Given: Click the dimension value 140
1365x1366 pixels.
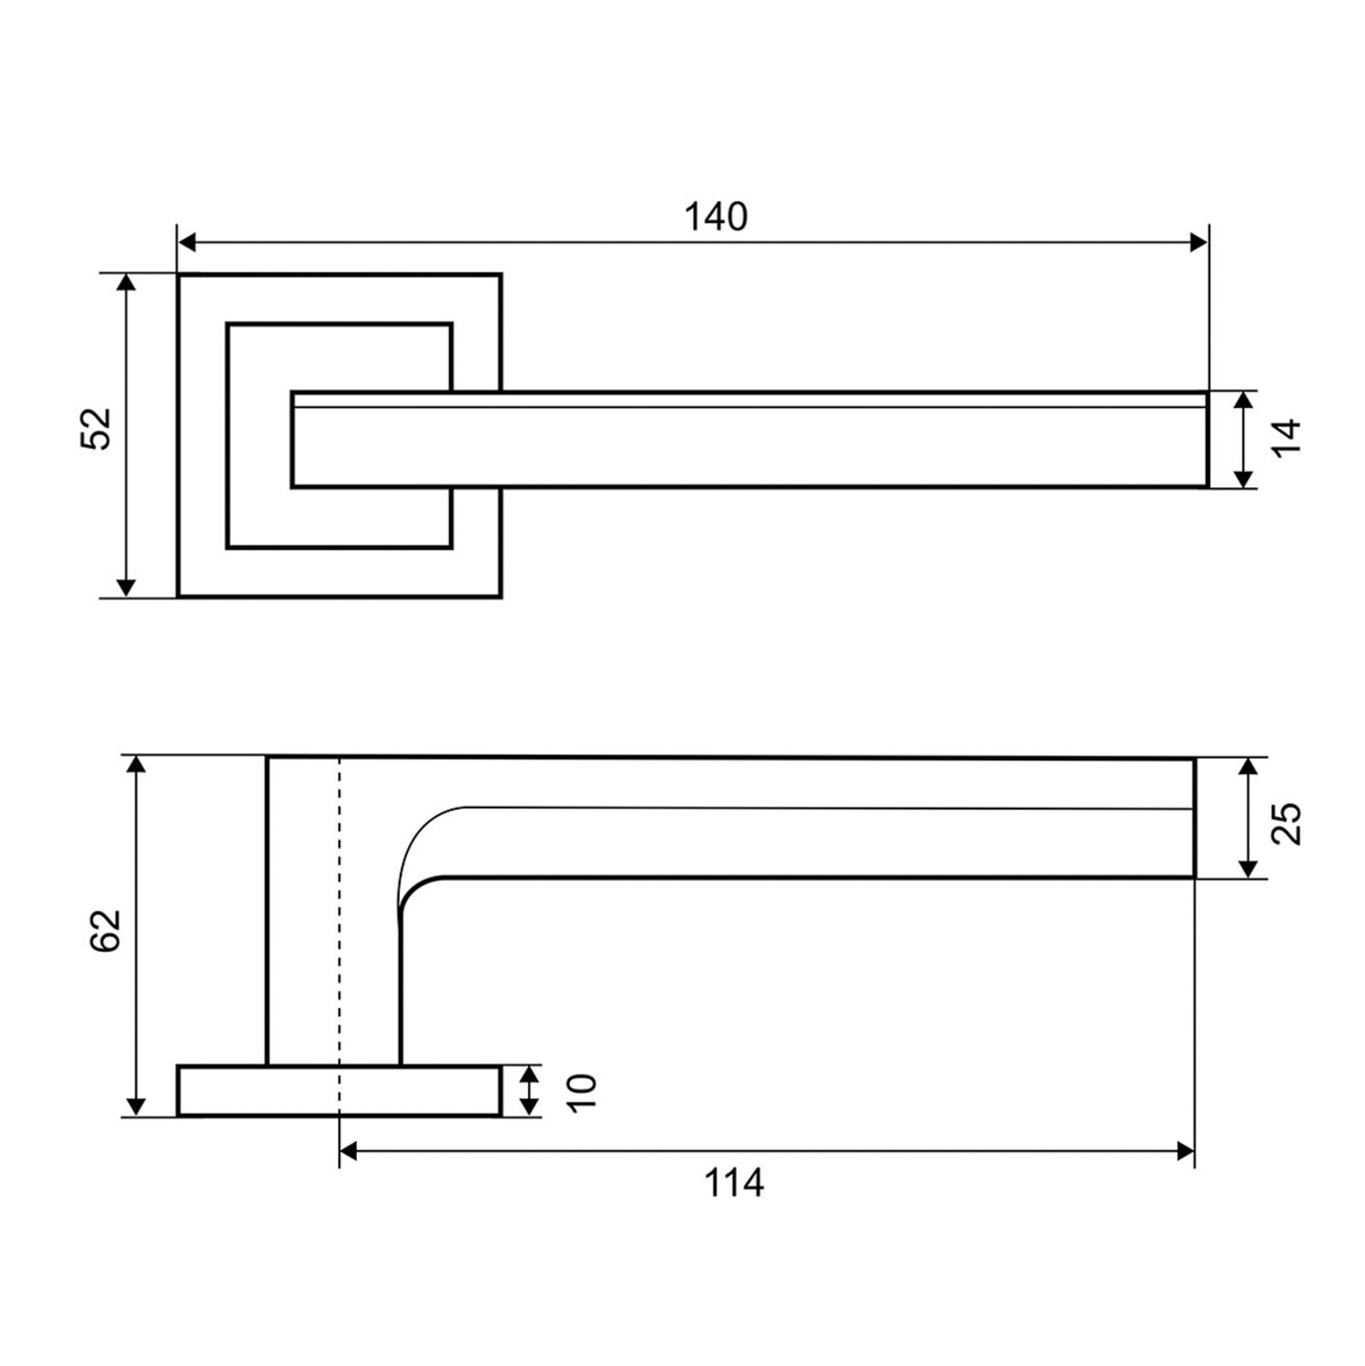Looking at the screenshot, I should pyautogui.click(x=716, y=217).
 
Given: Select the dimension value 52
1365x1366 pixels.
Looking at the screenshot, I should pyautogui.click(x=97, y=428).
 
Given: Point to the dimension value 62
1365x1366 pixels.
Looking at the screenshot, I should pyautogui.click(x=106, y=931).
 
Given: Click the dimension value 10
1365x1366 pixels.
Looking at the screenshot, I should pyautogui.click(x=581, y=1091).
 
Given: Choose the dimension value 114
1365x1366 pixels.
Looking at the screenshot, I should pyautogui.click(x=733, y=1183).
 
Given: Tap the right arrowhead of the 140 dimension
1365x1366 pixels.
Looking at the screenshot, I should pyautogui.click(x=1199, y=242).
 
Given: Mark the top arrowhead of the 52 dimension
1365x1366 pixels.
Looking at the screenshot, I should pyautogui.click(x=127, y=281).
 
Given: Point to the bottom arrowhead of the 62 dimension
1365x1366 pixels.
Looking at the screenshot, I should pyautogui.click(x=136, y=1106).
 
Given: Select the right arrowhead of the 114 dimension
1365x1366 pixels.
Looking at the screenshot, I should pyautogui.click(x=1186, y=1152).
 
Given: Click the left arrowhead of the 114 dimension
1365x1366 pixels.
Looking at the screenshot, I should pyautogui.click(x=348, y=1152).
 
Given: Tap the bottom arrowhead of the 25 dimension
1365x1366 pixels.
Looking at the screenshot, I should pyautogui.click(x=1248, y=870).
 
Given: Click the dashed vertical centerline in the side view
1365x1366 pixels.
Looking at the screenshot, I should pyautogui.click(x=340, y=911).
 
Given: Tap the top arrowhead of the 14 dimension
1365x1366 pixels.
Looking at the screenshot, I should pyautogui.click(x=1243, y=400).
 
